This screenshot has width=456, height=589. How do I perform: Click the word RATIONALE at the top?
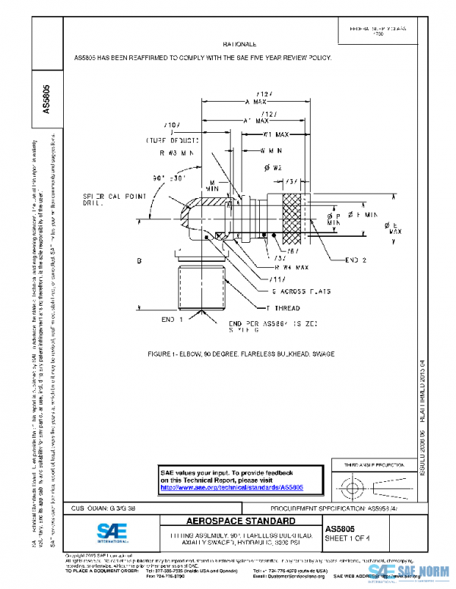[x=239, y=45]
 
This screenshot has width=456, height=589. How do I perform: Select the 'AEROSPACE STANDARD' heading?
[x=241, y=522]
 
